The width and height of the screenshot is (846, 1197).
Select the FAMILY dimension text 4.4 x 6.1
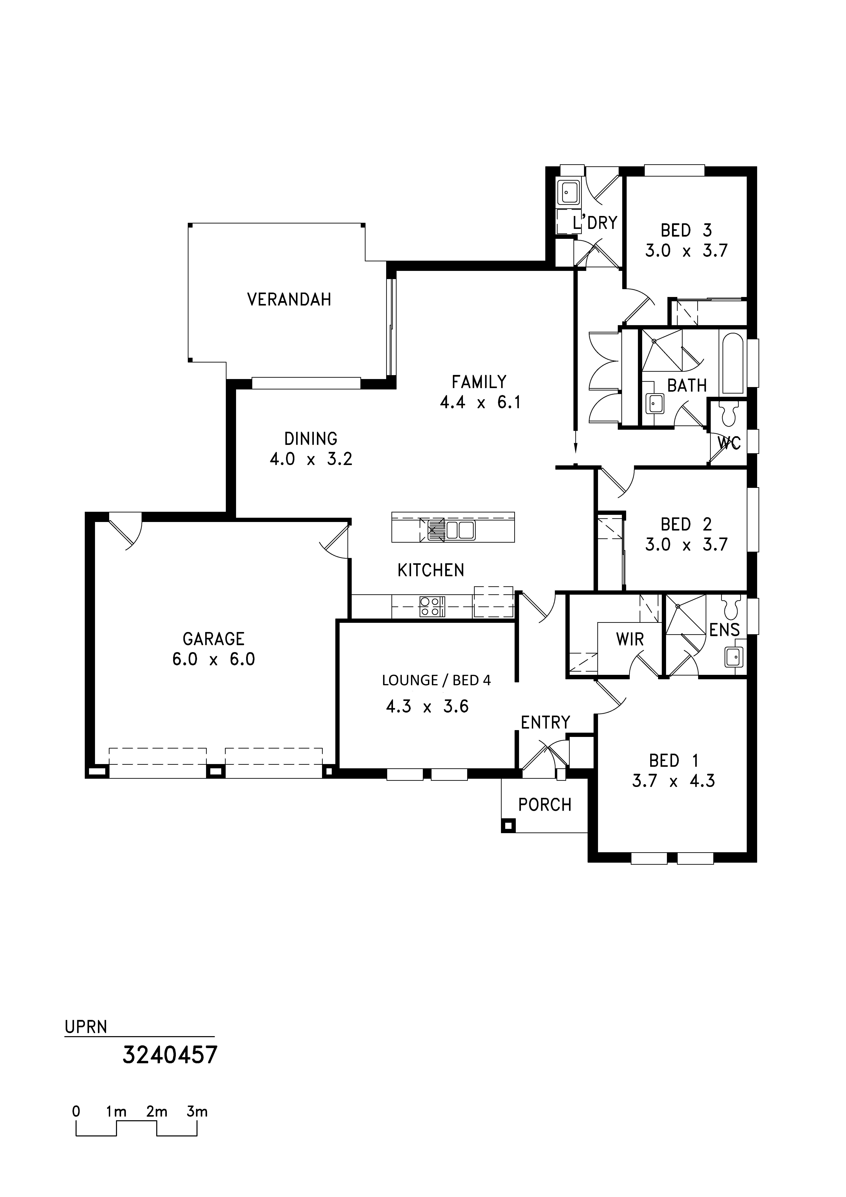480,402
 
